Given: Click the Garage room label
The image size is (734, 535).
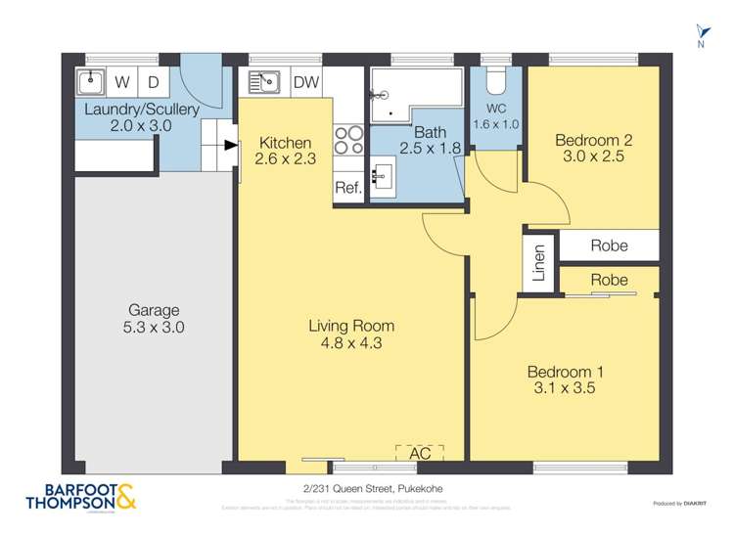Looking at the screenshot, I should [153, 311].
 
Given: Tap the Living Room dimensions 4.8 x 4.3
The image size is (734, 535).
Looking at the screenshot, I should [350, 343].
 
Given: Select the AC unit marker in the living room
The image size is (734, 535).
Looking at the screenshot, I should [419, 452].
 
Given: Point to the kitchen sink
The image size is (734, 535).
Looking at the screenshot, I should [264, 81].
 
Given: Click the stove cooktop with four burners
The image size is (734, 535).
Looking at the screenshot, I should [348, 141].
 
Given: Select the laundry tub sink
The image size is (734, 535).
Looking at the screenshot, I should [91, 81].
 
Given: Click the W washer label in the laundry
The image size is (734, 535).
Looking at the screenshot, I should [122, 82].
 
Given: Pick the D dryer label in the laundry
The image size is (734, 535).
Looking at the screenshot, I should [154, 82].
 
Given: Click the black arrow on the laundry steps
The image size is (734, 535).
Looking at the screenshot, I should [230, 146].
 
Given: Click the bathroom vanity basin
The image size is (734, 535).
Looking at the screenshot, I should [382, 176].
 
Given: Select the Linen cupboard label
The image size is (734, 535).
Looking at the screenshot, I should [538, 262].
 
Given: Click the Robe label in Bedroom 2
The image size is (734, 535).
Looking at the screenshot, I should [609, 245].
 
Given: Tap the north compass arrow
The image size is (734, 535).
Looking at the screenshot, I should [700, 32].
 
